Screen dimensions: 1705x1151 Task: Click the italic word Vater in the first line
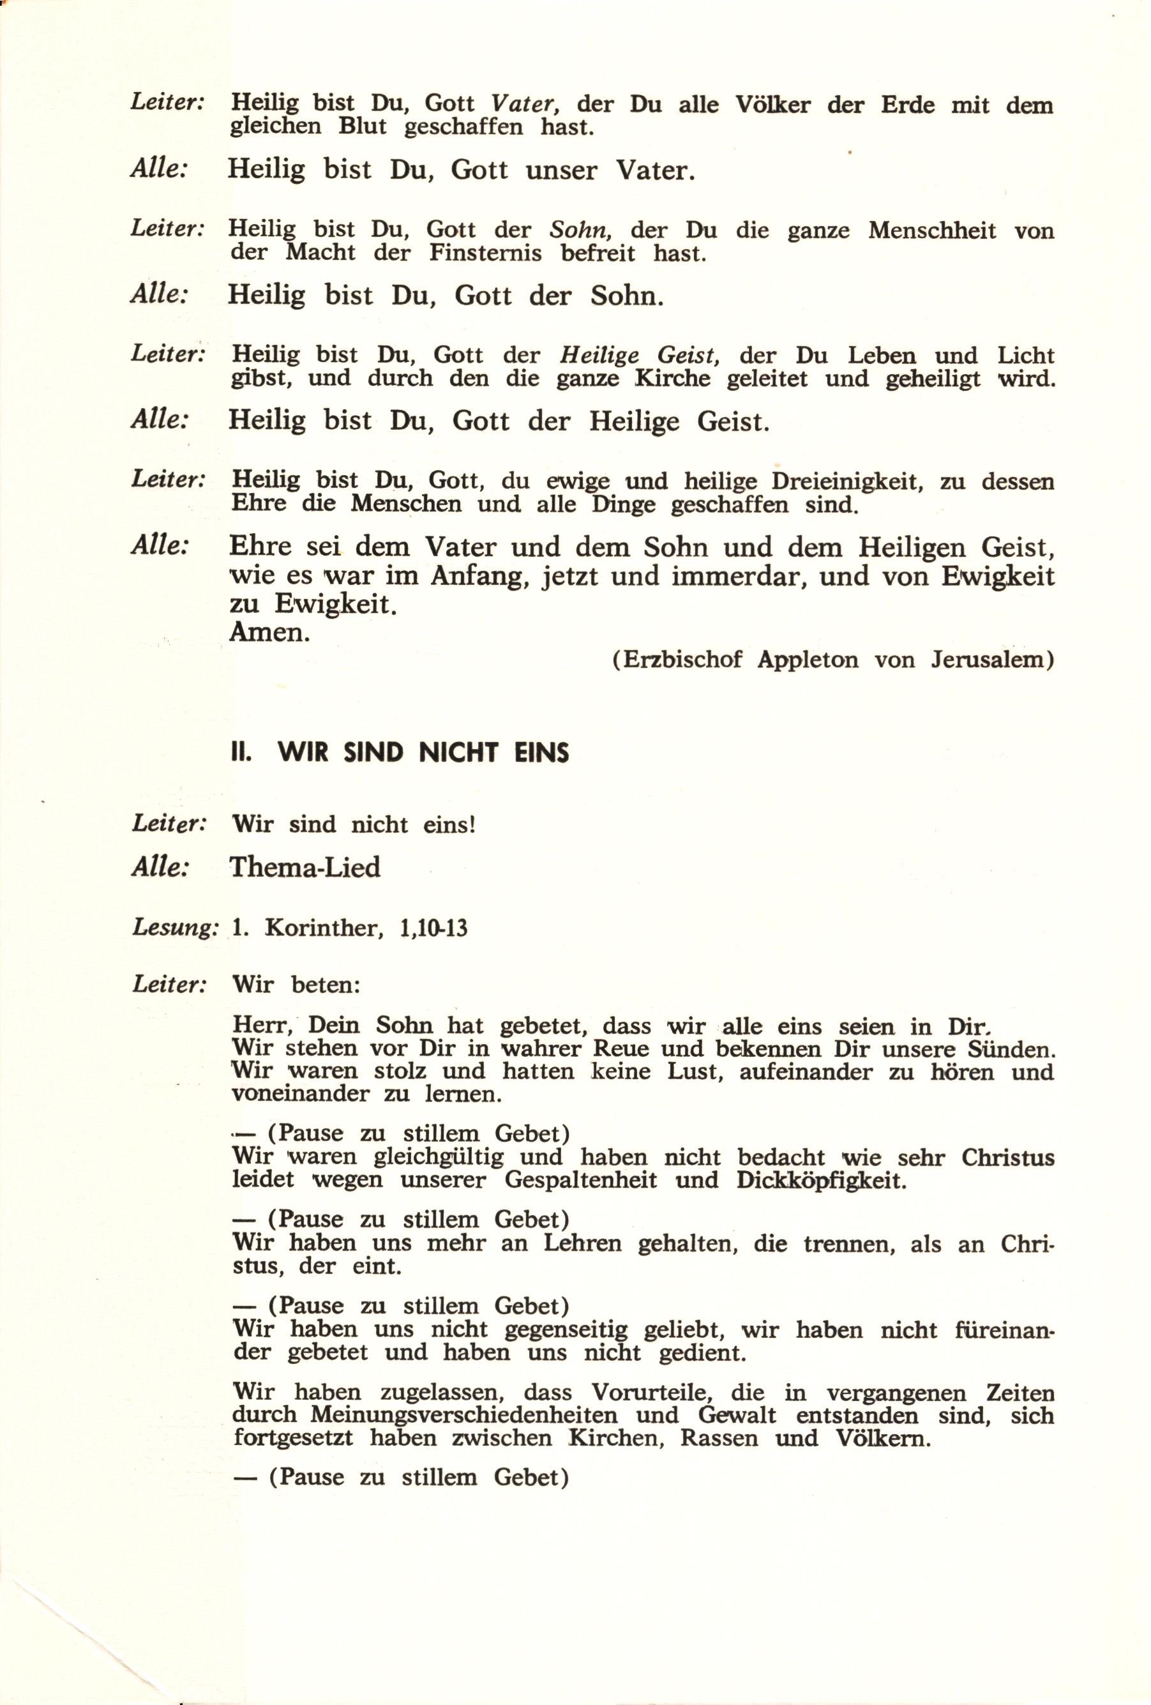point(521,104)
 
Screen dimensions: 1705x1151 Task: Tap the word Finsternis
point(486,254)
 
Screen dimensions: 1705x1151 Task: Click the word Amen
point(269,632)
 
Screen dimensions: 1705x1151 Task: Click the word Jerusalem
point(990,660)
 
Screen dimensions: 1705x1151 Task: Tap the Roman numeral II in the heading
point(241,754)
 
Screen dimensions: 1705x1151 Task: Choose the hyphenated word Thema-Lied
point(305,868)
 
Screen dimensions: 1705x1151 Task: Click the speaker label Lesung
point(174,928)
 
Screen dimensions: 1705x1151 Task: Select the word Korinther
point(324,928)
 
